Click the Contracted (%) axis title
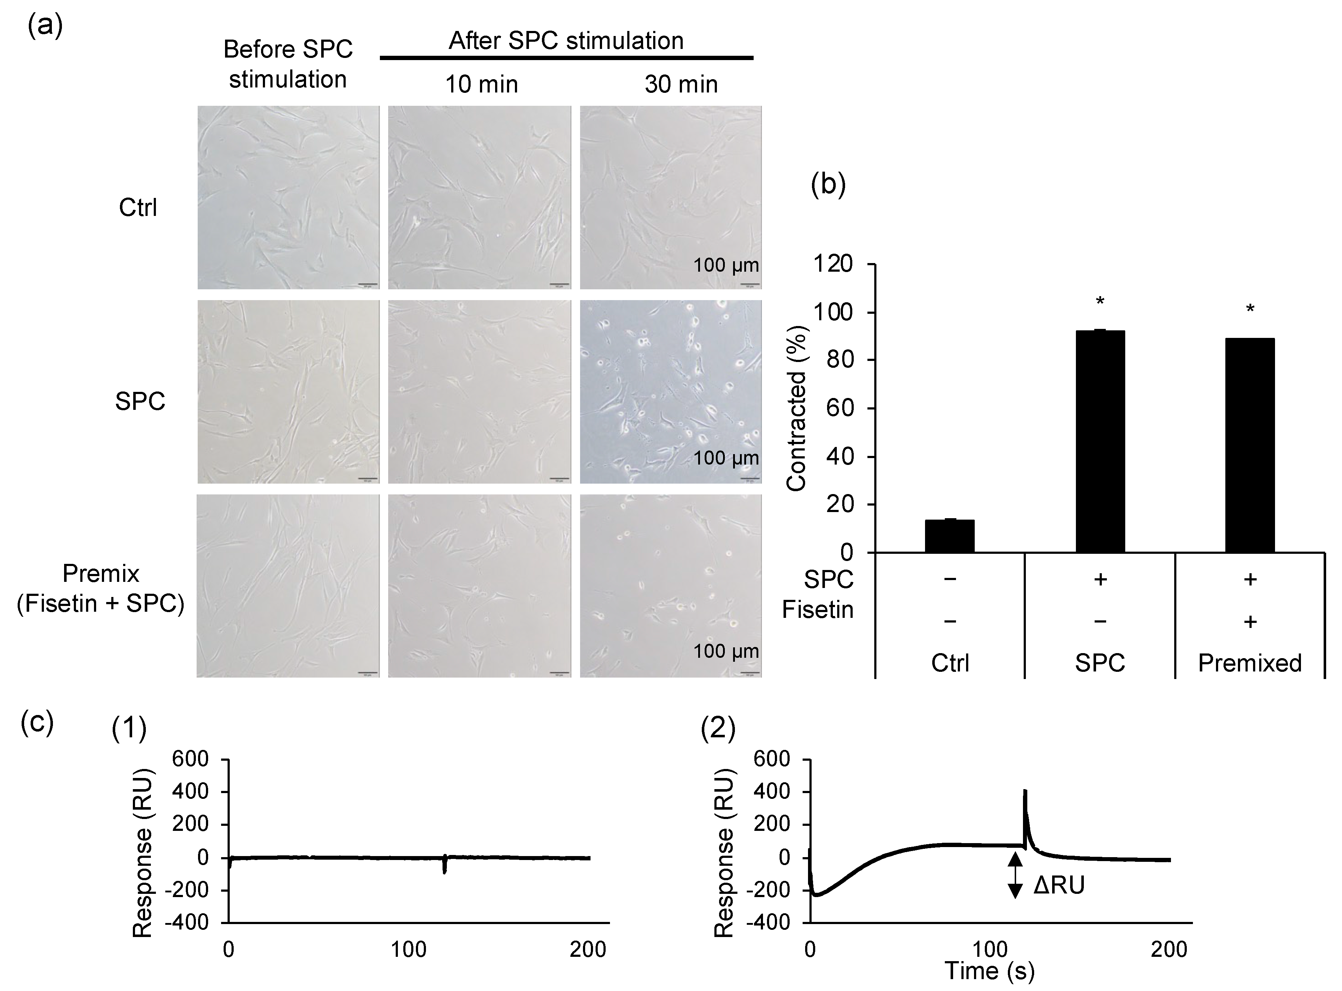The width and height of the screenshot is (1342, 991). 796,408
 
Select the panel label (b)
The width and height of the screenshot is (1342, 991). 828,185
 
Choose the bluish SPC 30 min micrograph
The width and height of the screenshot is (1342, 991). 670,391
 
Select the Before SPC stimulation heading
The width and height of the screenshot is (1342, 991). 288,64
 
